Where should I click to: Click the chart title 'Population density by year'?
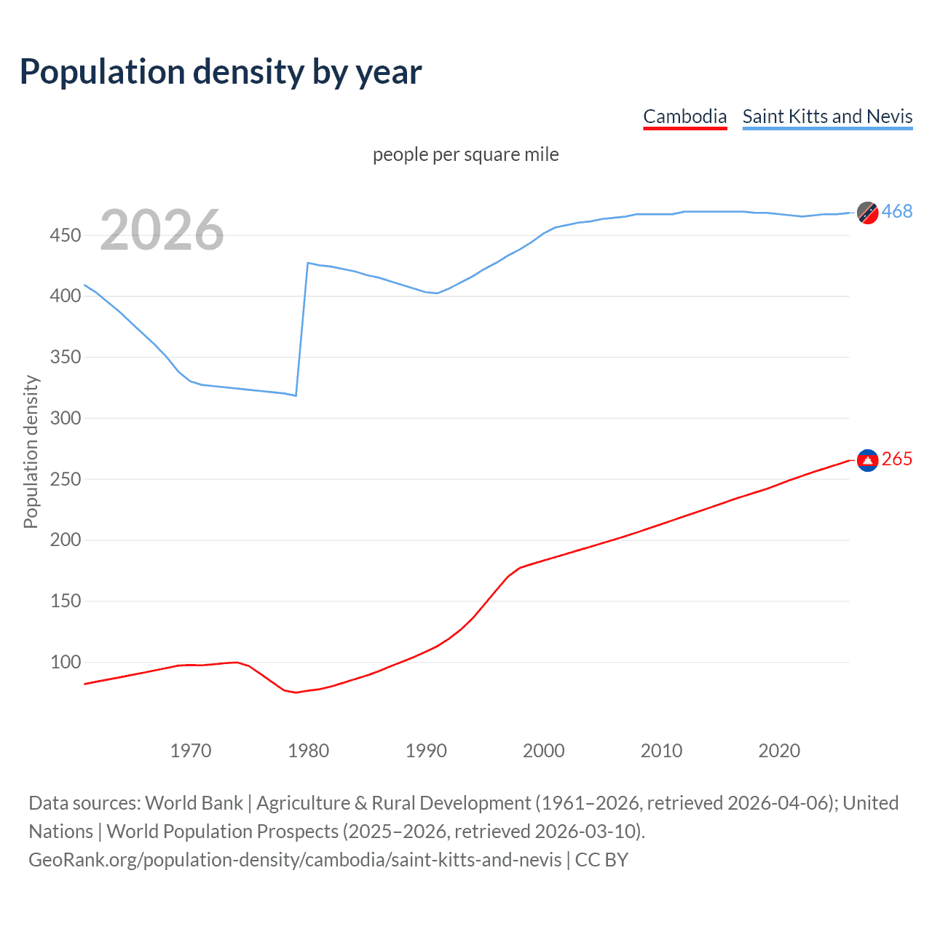221,72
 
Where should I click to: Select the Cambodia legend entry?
684,116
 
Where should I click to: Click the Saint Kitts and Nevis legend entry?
827,116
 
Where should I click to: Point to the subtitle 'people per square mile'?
465,154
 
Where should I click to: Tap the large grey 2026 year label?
162,230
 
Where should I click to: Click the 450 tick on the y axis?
66,235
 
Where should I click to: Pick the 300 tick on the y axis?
66,418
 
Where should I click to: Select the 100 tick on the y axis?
66,662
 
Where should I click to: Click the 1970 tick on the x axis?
191,751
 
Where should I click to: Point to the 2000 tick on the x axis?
544,751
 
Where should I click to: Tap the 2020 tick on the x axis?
779,751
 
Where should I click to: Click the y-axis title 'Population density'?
31,451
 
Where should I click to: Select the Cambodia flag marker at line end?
867,459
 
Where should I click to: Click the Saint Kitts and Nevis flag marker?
867,212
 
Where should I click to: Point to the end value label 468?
897,212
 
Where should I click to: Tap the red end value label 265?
897,459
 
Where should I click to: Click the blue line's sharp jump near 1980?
302,328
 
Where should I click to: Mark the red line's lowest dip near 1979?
296,692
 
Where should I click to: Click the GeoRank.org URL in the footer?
295,860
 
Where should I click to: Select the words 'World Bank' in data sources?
194,803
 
